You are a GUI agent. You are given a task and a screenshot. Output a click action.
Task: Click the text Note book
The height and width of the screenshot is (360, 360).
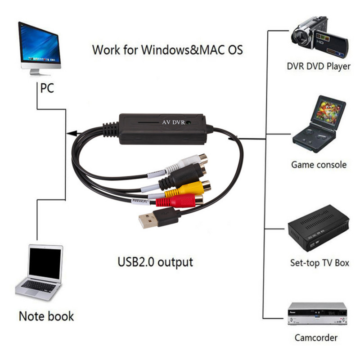click(46, 315)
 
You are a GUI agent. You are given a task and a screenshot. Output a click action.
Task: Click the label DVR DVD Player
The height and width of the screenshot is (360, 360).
click(318, 66)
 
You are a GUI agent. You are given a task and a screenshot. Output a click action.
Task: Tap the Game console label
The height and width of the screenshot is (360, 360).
click(319, 165)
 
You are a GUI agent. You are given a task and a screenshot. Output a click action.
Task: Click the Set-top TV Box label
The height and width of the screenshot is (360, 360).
click(319, 263)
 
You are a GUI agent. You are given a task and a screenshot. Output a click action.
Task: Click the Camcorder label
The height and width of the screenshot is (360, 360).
click(316, 337)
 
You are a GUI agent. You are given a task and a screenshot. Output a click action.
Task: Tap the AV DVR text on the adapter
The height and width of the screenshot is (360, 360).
click(172, 122)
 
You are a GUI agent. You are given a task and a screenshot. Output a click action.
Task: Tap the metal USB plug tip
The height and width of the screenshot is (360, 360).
click(146, 220)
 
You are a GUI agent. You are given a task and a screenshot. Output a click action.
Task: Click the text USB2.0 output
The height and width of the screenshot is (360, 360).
click(155, 261)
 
